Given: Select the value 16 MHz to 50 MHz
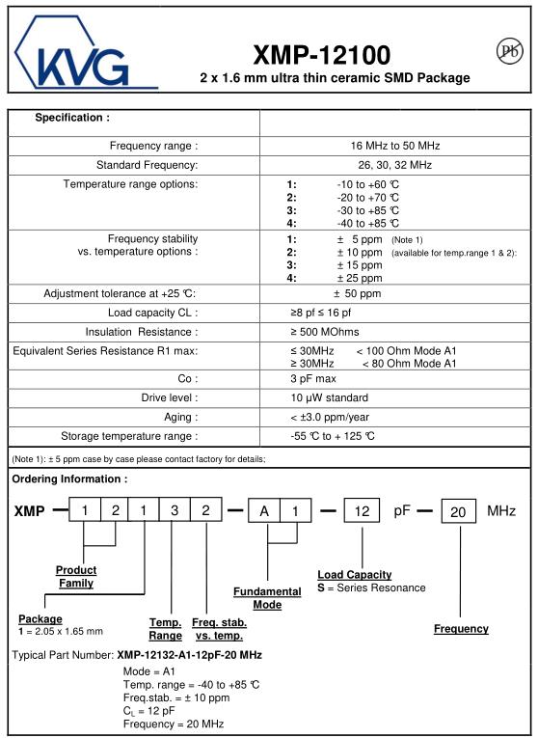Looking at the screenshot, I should coord(395,146).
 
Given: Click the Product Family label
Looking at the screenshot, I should coord(76,577).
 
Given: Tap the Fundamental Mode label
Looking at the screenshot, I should coord(267,597).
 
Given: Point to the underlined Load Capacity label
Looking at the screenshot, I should coord(355,575).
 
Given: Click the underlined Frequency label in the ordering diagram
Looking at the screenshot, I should coord(461,629).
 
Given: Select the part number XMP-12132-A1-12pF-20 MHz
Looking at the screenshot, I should coord(189,655).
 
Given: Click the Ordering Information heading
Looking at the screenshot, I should coord(69,479).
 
